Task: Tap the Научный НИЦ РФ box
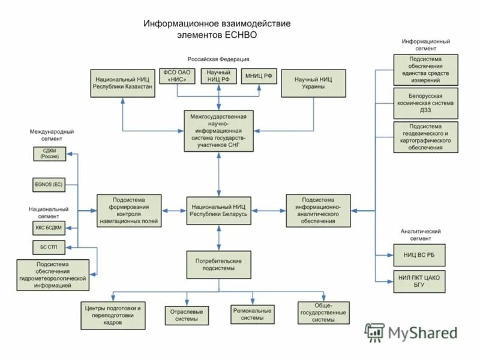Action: click(218, 77)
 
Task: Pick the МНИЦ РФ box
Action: click(259, 77)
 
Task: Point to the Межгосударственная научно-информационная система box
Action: click(219, 131)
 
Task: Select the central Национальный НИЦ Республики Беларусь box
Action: click(219, 210)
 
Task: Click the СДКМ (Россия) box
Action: click(50, 154)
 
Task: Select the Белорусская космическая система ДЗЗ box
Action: click(425, 103)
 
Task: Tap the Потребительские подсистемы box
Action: click(219, 265)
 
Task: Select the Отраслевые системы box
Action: click(188, 316)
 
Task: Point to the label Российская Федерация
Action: click(218, 59)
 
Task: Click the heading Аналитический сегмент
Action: click(421, 235)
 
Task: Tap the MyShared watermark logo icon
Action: click(376, 332)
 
